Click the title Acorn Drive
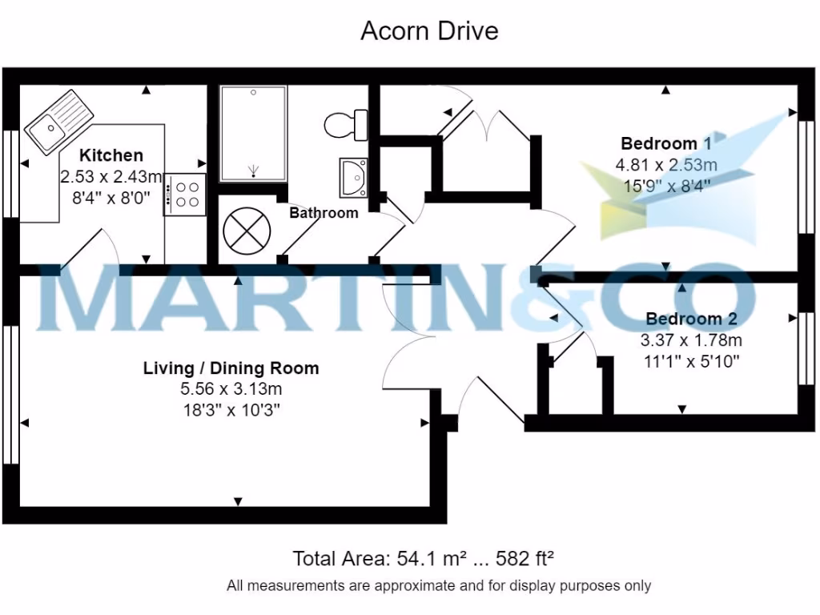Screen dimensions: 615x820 [x=429, y=31]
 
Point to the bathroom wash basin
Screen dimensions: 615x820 [x=353, y=175]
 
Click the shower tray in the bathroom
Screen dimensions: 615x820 [x=253, y=133]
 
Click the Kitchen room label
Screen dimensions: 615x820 [x=111, y=155]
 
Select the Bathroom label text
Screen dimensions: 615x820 [x=324, y=213]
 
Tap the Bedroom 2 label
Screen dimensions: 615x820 [x=689, y=318]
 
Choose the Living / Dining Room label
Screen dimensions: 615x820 [x=231, y=368]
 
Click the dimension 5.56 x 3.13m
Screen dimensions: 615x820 [x=231, y=389]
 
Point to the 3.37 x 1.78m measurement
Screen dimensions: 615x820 [x=689, y=340]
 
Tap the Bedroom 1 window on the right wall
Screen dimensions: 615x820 [x=808, y=176]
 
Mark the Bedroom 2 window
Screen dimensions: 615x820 [x=808, y=351]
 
